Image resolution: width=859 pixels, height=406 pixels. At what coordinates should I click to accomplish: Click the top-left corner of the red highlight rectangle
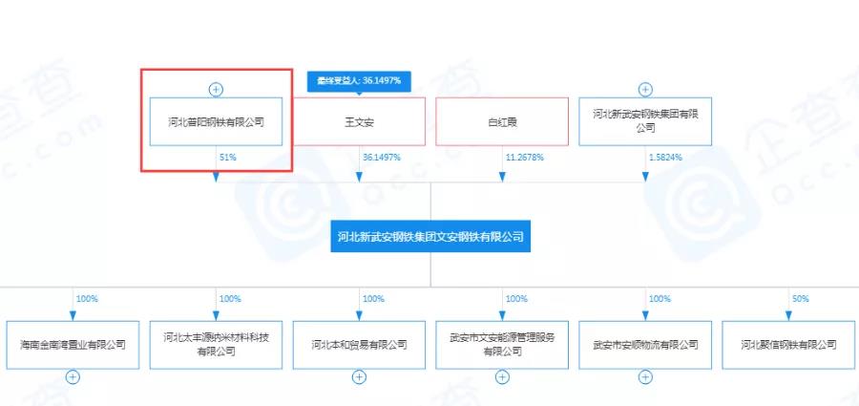(141, 69)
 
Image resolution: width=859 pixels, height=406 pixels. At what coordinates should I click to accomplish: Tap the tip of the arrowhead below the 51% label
(216, 182)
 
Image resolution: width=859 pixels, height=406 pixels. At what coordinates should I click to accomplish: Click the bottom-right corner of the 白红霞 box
(569, 145)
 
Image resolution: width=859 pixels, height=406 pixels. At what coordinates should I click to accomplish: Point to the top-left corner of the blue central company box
(330, 221)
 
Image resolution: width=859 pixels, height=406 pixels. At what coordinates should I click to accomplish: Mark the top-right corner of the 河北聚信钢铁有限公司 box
(854, 321)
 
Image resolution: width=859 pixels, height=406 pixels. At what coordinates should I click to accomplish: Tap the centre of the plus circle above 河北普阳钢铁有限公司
(217, 90)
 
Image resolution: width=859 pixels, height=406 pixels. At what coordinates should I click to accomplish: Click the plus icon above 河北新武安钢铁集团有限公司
(645, 90)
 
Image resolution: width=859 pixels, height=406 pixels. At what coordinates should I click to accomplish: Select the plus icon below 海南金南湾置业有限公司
(73, 377)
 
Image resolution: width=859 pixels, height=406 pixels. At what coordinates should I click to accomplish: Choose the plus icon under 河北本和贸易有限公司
(359, 377)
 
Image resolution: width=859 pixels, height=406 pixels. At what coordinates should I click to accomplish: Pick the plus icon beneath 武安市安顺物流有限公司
(645, 377)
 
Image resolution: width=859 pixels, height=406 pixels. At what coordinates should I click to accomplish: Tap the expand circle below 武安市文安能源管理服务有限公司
(502, 377)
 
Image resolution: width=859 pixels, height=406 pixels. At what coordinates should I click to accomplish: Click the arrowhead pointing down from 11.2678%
(502, 178)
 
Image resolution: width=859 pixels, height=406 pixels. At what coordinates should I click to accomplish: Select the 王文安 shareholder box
(359, 121)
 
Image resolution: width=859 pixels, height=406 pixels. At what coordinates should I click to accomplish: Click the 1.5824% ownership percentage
(665, 158)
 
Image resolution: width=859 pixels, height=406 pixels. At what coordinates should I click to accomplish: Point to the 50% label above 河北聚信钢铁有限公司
(801, 299)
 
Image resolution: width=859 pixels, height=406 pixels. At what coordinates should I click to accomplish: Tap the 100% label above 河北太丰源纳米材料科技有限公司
(230, 299)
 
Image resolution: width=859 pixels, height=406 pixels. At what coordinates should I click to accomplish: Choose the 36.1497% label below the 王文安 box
(382, 158)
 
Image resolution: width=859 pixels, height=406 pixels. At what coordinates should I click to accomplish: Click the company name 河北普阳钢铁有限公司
(216, 122)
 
